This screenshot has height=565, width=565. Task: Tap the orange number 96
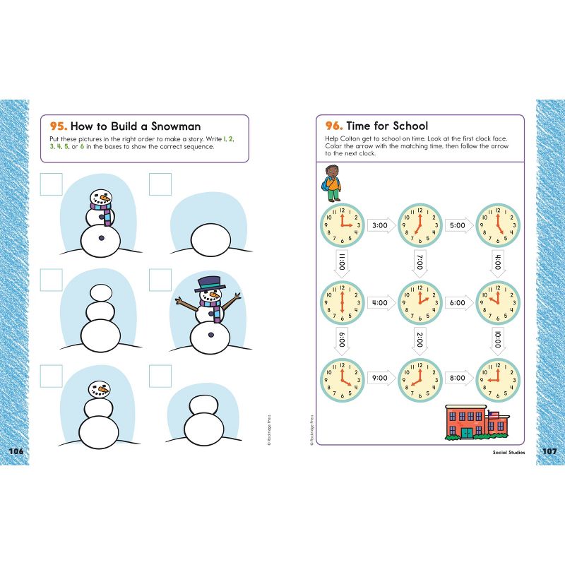click(x=333, y=126)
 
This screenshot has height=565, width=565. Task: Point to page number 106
click(x=16, y=451)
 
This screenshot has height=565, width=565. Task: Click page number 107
click(x=549, y=451)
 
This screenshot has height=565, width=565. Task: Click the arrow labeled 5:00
click(x=458, y=226)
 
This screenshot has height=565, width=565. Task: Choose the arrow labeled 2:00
click(x=420, y=340)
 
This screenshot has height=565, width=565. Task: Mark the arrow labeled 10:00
click(x=497, y=340)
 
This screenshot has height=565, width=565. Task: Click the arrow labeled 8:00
click(x=458, y=378)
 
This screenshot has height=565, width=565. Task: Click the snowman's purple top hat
click(x=209, y=282)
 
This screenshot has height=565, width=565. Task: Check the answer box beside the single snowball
click(x=160, y=185)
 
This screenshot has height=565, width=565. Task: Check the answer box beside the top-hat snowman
click(x=160, y=280)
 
